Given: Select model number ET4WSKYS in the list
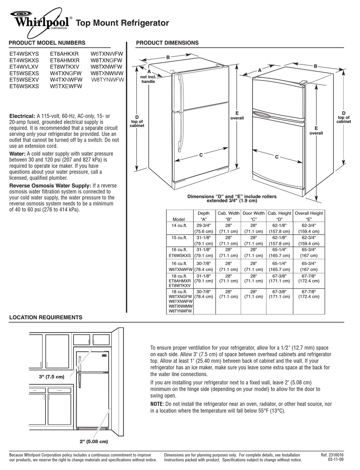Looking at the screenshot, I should pos(24,54).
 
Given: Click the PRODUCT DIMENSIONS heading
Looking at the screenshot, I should pos(167,43).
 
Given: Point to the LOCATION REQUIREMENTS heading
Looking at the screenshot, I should pos(45,317).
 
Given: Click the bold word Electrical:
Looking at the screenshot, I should pos(22,116).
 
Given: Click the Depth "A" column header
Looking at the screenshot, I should pos(203,216).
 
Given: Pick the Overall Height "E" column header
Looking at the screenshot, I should pos(309,216).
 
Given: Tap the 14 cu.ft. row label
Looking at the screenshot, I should pos(179,225).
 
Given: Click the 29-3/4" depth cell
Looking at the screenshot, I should pos(203,225).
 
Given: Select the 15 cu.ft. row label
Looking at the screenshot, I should pos(179,238).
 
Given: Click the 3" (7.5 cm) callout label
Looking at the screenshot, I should pos(52,377).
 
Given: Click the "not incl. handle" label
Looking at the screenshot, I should pos(148,79).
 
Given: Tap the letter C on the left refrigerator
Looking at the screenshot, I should pos(201,155).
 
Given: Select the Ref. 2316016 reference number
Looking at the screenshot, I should pos(332,455).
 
